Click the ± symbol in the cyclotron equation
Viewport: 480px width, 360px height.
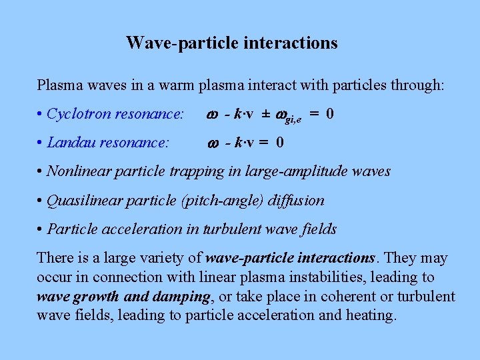(265, 114)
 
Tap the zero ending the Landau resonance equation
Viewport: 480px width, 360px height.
(280, 142)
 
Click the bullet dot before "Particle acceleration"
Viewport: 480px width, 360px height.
(41, 229)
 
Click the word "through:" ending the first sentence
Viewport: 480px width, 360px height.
(420, 85)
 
